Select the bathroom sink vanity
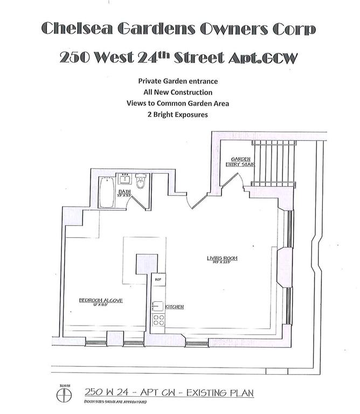[x=126, y=179]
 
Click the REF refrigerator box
[x=158, y=280]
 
